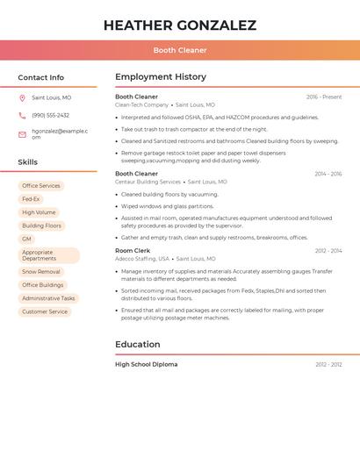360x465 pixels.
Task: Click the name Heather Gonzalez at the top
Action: pos(180,25)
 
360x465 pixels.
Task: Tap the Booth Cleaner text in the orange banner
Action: pos(180,51)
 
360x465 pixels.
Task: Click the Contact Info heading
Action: pos(41,77)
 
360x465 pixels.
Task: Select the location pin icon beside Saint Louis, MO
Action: pos(22,98)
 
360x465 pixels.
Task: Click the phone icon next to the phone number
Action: pos(22,116)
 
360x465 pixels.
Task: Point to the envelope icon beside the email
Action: pos(22,134)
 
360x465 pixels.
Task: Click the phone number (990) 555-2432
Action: pos(51,116)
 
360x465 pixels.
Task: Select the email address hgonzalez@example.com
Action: pos(60,132)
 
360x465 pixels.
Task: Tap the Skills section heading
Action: pos(28,162)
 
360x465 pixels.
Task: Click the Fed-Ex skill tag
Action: pos(31,199)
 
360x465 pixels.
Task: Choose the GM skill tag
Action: pos(26,239)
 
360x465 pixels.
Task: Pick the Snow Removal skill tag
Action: pos(41,272)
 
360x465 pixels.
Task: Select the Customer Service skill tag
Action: pos(45,311)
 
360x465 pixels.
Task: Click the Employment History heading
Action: pos(161,77)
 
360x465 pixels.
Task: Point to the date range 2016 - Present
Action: pos(324,97)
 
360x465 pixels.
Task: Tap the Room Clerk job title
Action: pos(133,251)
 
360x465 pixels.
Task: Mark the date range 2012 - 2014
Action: pos(328,251)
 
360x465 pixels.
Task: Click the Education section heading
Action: pos(138,345)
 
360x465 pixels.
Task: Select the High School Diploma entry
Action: pos(146,364)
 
